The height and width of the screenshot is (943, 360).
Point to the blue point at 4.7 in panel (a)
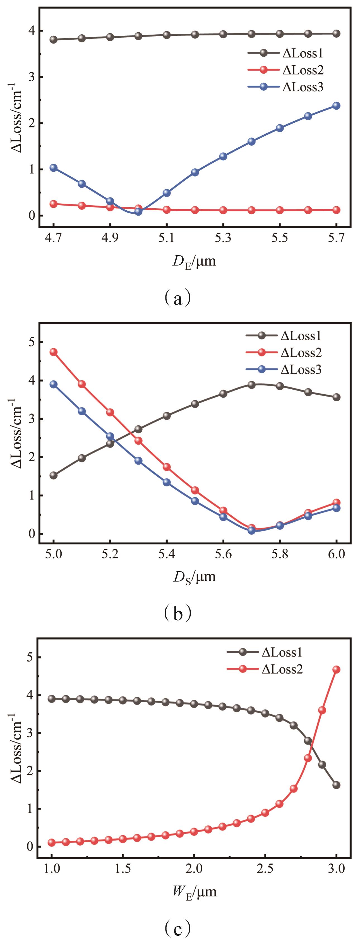(x=54, y=168)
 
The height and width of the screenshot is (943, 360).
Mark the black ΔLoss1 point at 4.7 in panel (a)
(x=54, y=40)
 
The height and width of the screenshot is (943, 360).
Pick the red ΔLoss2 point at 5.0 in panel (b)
(x=54, y=352)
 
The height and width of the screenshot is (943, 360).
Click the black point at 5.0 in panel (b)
(x=54, y=475)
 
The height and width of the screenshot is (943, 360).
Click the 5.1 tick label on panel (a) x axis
(x=167, y=238)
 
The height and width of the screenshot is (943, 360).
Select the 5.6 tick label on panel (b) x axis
(x=223, y=554)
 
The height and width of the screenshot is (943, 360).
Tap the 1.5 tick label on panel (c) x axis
(x=123, y=869)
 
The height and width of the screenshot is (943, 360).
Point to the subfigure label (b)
(x=177, y=613)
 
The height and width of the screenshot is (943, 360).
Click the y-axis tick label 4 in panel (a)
(x=32, y=31)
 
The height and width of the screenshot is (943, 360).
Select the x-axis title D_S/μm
(x=195, y=578)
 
